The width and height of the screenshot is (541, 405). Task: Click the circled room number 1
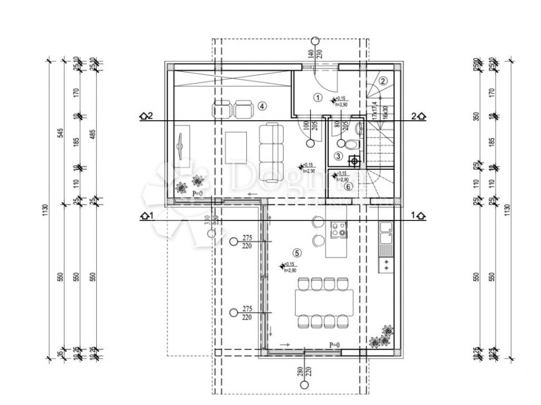pyautogui.click(x=318, y=97)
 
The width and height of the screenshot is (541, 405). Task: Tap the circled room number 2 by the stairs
pyautogui.click(x=384, y=81)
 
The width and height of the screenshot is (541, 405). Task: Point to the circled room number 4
pyautogui.click(x=263, y=106)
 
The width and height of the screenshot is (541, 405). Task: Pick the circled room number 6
pyautogui.click(x=348, y=186)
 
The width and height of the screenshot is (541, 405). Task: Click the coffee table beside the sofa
pyautogui.click(x=236, y=147)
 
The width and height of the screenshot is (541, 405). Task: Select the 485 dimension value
pyautogui.click(x=93, y=132)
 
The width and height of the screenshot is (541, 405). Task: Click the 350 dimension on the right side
pyautogui.click(x=477, y=117)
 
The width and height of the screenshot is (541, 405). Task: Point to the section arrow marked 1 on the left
pyautogui.click(x=146, y=215)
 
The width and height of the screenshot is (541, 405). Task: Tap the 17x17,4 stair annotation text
pyautogui.click(x=375, y=110)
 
